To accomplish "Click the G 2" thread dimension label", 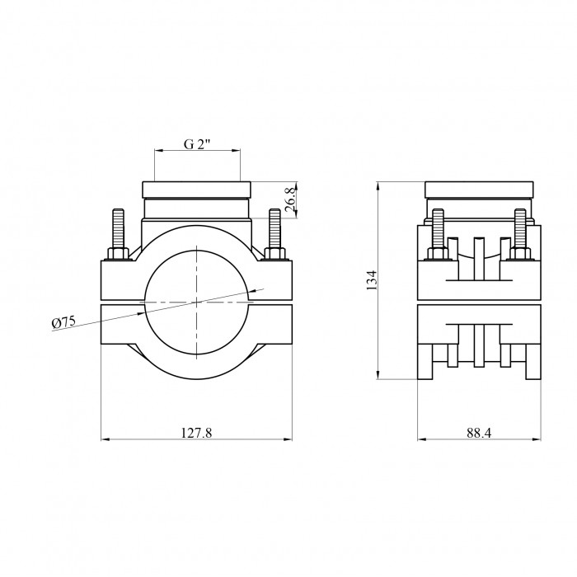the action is click(197, 144).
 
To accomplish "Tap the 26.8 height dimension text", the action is click(290, 199).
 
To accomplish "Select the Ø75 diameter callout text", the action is click(63, 323).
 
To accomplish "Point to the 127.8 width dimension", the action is click(197, 433).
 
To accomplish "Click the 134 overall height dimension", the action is click(372, 280).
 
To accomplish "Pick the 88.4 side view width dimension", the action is click(479, 433).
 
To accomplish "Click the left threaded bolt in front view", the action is click(119, 228).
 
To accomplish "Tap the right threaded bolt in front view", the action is click(274, 228).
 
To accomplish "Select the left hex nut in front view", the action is click(119, 254).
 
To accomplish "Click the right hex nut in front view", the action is click(274, 254).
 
